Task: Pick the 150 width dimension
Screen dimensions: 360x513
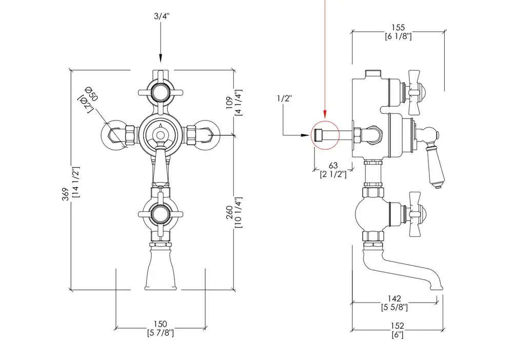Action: point(161,324)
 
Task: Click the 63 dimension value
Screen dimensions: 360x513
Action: point(333,166)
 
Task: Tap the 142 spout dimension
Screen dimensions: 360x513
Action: point(395,299)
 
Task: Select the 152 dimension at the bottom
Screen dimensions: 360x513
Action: point(397,326)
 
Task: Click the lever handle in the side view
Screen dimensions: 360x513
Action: point(434,159)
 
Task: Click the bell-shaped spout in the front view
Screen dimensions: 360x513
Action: point(161,270)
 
